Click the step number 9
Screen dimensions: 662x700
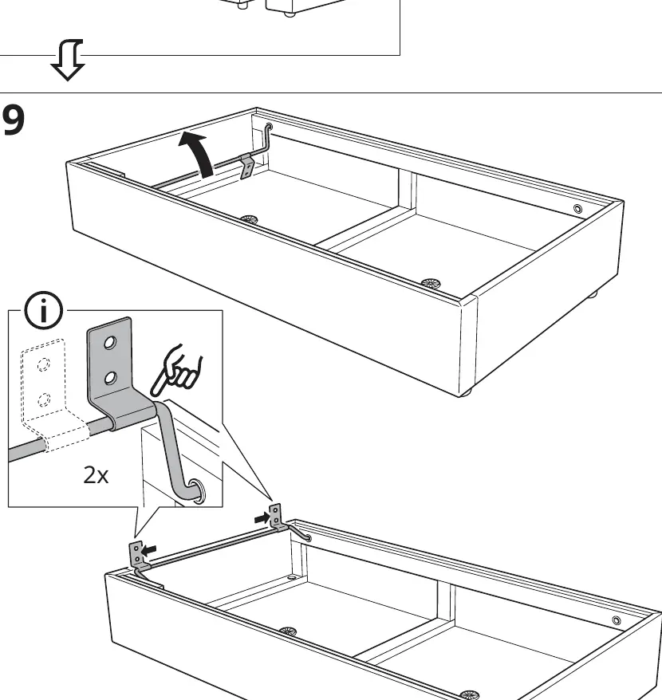(14, 120)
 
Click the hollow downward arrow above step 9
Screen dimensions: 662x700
(68, 60)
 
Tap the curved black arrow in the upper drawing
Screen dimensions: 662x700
(199, 154)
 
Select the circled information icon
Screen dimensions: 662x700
(43, 310)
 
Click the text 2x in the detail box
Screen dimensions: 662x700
(96, 475)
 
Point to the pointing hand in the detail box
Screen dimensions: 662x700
(176, 371)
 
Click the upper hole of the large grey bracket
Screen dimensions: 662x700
(110, 343)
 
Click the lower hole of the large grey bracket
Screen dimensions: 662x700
(110, 378)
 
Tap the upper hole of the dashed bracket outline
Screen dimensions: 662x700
(43, 364)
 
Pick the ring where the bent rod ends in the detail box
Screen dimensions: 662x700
(197, 490)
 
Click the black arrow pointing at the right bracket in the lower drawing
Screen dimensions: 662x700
(262, 518)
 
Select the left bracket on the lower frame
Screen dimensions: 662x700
(137, 557)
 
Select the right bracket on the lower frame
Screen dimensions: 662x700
(277, 518)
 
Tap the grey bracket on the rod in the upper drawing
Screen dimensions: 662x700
(247, 166)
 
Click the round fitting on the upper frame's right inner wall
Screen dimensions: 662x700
(577, 209)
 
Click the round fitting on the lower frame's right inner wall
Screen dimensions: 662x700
(617, 620)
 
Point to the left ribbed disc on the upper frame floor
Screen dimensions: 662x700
(249, 219)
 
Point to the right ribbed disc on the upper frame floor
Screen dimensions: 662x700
(431, 283)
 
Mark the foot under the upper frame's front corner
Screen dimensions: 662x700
(466, 393)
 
